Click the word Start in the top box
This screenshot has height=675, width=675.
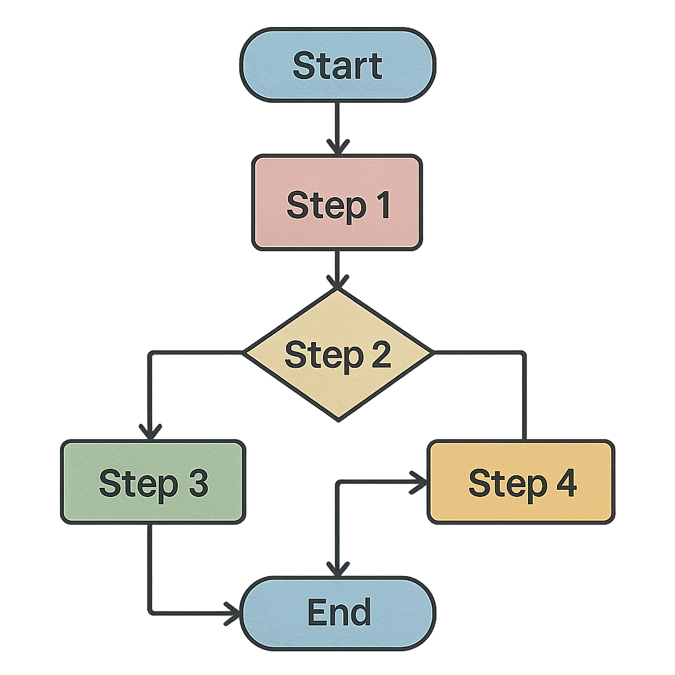[337, 66]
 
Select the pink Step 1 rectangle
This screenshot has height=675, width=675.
[337, 202]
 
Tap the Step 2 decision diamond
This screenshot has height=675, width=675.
[337, 354]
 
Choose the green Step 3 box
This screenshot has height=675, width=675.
[153, 483]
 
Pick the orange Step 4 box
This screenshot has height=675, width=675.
[521, 483]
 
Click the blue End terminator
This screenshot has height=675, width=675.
[337, 612]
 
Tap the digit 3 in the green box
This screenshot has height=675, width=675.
[196, 484]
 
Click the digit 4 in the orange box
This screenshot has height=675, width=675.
[565, 484]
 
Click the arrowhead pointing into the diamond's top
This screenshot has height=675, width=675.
[337, 282]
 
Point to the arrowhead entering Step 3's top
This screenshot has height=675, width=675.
[150, 432]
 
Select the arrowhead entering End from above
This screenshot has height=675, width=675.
[337, 568]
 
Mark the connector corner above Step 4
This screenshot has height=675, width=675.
[524, 354]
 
